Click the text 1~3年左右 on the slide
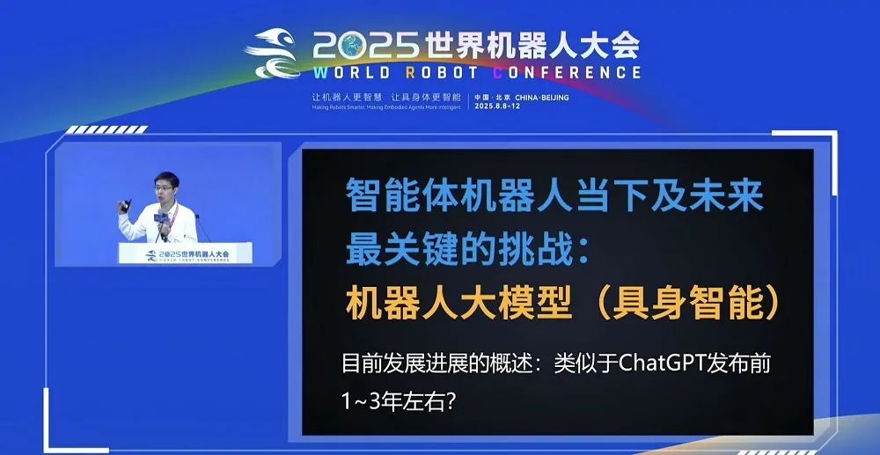pyautogui.click(x=398, y=399)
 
